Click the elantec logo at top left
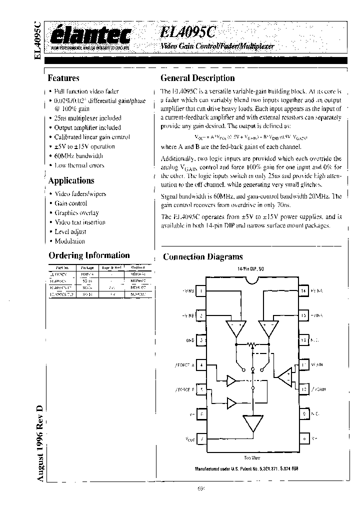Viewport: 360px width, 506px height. (91, 36)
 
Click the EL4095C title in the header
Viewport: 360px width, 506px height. (188, 32)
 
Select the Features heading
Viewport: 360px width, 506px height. (63, 78)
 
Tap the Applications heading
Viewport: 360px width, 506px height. (71, 180)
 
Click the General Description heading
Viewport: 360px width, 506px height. (197, 78)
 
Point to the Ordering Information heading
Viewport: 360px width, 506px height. (89, 255)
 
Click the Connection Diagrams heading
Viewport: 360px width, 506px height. (203, 257)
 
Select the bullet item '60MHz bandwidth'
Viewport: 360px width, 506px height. (79, 156)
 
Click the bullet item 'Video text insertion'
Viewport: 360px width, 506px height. (80, 222)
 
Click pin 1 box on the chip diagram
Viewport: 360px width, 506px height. (201, 290)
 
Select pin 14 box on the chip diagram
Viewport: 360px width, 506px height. (303, 290)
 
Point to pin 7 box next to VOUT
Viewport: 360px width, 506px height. (201, 439)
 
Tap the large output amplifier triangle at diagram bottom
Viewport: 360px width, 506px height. (252, 424)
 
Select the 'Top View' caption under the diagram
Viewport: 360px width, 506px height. (251, 458)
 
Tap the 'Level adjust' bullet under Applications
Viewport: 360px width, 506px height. (70, 231)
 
